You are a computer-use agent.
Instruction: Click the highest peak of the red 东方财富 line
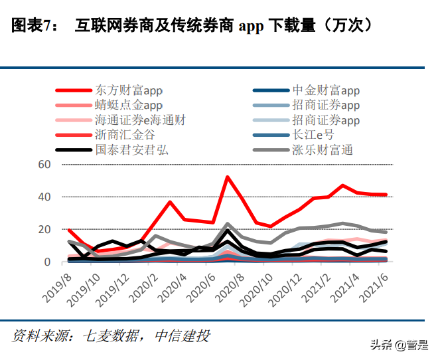coord(228,177)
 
